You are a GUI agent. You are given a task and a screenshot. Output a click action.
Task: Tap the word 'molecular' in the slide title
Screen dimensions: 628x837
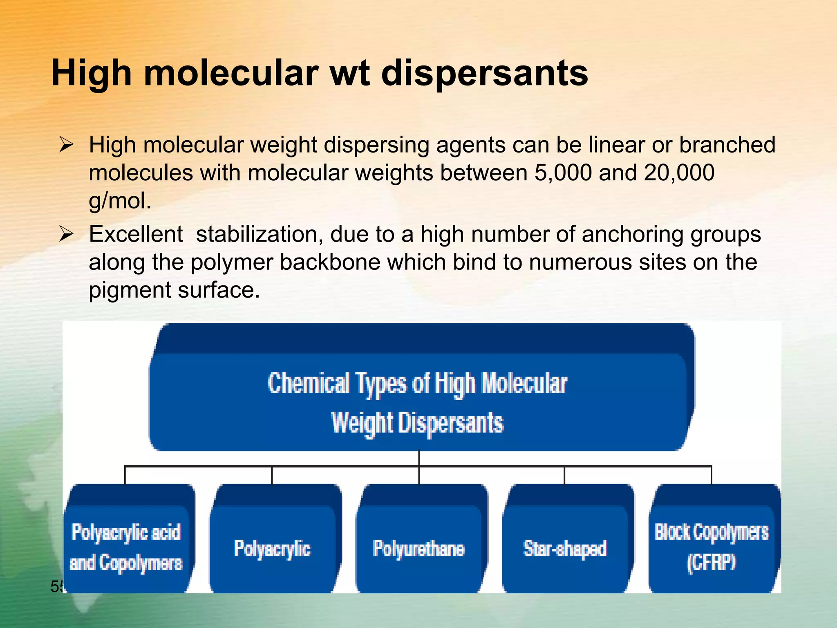(231, 74)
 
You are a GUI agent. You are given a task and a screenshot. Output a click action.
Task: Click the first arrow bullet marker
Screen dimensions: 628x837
(66, 145)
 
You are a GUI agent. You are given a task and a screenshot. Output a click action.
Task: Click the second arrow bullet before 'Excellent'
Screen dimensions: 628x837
(66, 234)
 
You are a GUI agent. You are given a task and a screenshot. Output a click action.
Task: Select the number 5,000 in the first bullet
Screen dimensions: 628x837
(563, 173)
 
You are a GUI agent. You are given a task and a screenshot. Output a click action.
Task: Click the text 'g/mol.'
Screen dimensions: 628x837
(120, 201)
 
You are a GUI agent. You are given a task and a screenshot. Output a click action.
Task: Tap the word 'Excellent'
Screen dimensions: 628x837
(136, 234)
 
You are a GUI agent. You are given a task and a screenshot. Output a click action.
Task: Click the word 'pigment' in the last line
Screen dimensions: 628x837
(130, 290)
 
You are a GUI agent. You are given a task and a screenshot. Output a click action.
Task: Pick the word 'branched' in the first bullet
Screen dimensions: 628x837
(727, 145)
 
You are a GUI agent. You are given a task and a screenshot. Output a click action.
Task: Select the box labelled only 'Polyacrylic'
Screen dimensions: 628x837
(273, 548)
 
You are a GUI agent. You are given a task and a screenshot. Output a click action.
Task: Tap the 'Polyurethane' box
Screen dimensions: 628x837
(419, 548)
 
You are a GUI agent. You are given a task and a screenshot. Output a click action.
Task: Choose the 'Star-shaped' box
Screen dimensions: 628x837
(565, 548)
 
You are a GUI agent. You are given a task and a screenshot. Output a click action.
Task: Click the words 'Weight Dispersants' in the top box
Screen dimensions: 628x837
(417, 422)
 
